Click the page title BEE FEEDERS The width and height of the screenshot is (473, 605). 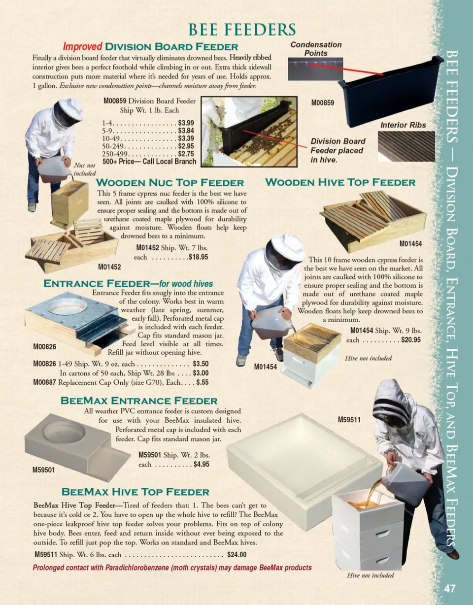242,30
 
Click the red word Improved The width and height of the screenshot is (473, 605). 82,46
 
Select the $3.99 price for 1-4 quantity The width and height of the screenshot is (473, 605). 186,123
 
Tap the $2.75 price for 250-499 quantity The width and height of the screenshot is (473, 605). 186,154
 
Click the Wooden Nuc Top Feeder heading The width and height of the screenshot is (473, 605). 170,183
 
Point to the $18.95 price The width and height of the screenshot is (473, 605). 198,257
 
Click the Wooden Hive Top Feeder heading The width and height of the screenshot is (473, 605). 340,182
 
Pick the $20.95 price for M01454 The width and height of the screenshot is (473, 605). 410,340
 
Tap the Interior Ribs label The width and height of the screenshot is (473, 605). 403,125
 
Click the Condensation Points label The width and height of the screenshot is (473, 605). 316,49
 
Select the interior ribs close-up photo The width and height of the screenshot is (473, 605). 406,146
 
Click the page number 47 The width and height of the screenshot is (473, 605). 450,589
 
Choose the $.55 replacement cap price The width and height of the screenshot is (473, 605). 203,382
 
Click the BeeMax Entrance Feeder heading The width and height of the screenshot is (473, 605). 139,401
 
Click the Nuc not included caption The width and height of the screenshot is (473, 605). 85,169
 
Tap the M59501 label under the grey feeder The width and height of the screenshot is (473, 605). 44,470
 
